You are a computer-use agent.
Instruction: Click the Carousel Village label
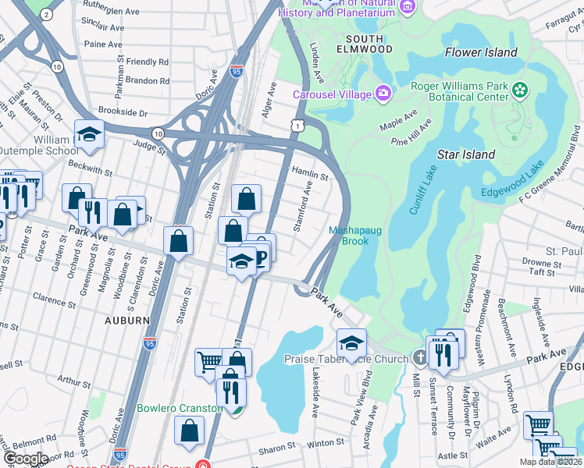tap(332, 95)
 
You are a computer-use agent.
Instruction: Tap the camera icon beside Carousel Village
tap(383, 94)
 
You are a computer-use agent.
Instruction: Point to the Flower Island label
tap(481, 52)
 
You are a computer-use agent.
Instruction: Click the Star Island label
tap(466, 154)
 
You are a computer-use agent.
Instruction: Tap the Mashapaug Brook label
tap(348, 236)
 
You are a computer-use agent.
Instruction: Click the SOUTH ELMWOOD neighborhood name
tap(365, 44)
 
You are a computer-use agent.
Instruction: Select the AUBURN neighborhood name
tap(126, 320)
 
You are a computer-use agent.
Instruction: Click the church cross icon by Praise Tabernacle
tap(420, 359)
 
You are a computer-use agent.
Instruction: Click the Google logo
tap(26, 459)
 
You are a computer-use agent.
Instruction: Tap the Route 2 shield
tap(46, 15)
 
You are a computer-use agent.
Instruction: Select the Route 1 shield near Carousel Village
tap(296, 125)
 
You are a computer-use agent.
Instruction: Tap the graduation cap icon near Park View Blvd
tap(351, 343)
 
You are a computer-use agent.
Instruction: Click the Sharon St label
tap(278, 449)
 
